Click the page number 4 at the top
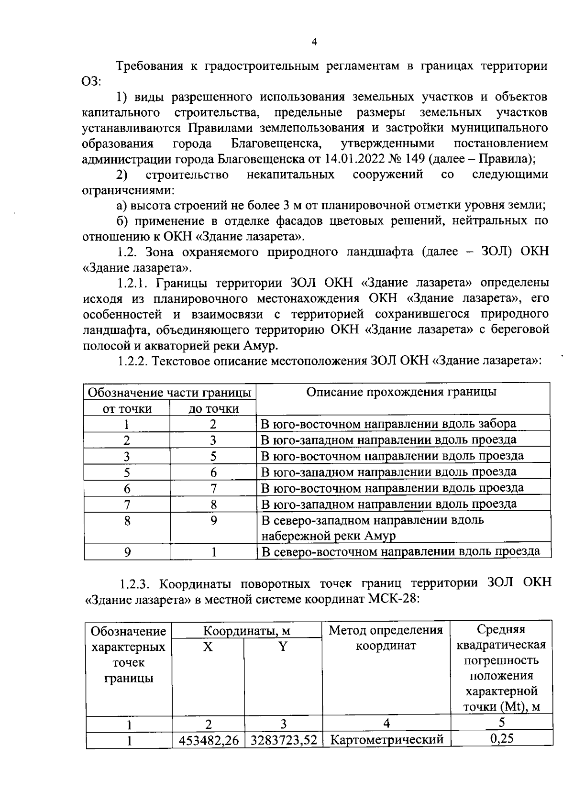tap(314, 42)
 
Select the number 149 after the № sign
tap(418, 159)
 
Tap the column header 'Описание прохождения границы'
tap(401, 392)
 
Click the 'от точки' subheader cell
tap(127, 409)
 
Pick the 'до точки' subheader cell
tap(213, 409)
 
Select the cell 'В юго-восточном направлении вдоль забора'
tap(388, 424)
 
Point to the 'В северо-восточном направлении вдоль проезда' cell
tap(400, 552)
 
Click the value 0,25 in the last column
tap(502, 739)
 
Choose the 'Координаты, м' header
tap(246, 631)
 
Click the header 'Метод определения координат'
tap(386, 638)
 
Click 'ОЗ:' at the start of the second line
tap(91, 81)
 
